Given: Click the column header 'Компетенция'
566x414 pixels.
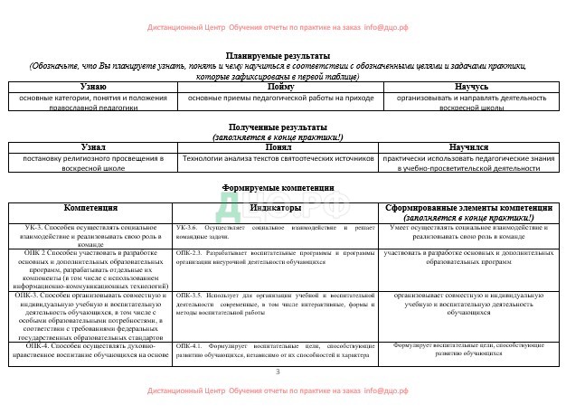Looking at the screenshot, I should click(x=90, y=207).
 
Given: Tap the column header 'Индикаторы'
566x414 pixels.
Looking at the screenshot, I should click(x=276, y=207).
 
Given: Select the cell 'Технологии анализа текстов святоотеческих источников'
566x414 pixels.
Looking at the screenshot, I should click(x=278, y=158).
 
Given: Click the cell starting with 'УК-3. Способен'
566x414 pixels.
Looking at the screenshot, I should click(x=90, y=233).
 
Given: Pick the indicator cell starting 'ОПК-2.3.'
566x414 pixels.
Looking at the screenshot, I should click(x=276, y=258).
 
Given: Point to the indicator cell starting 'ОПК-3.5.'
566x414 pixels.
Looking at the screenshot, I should click(x=276, y=308).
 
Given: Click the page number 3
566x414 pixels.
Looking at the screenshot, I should click(x=278, y=372).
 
